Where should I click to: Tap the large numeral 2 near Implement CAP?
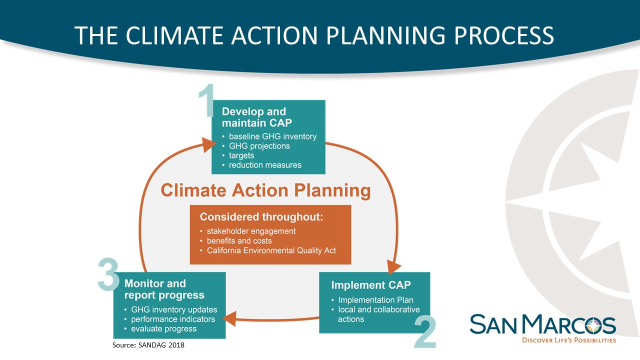425,331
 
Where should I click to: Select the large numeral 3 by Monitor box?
108,274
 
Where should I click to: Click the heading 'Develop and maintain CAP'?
256,117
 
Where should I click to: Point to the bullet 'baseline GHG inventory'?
272,136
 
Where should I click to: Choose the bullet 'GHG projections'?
259,146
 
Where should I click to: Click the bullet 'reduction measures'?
265,165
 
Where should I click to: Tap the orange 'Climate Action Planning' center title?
265,190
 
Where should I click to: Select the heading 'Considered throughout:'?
261,217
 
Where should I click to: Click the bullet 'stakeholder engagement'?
251,231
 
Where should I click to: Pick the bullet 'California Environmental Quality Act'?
271,250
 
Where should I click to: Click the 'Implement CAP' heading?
371,285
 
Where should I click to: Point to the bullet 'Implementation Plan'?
375,300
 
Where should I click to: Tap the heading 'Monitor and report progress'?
164,289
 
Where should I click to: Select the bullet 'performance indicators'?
173,319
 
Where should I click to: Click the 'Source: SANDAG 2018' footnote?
148,345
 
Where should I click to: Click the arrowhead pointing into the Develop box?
208,145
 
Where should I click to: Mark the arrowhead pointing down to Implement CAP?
393,267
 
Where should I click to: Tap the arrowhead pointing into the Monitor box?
229,318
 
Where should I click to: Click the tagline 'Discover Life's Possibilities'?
569,340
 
